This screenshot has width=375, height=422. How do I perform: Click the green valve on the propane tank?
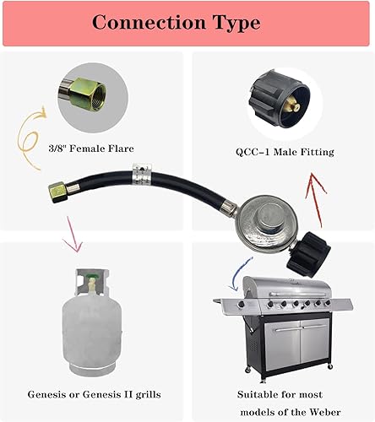tap(87, 275)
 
